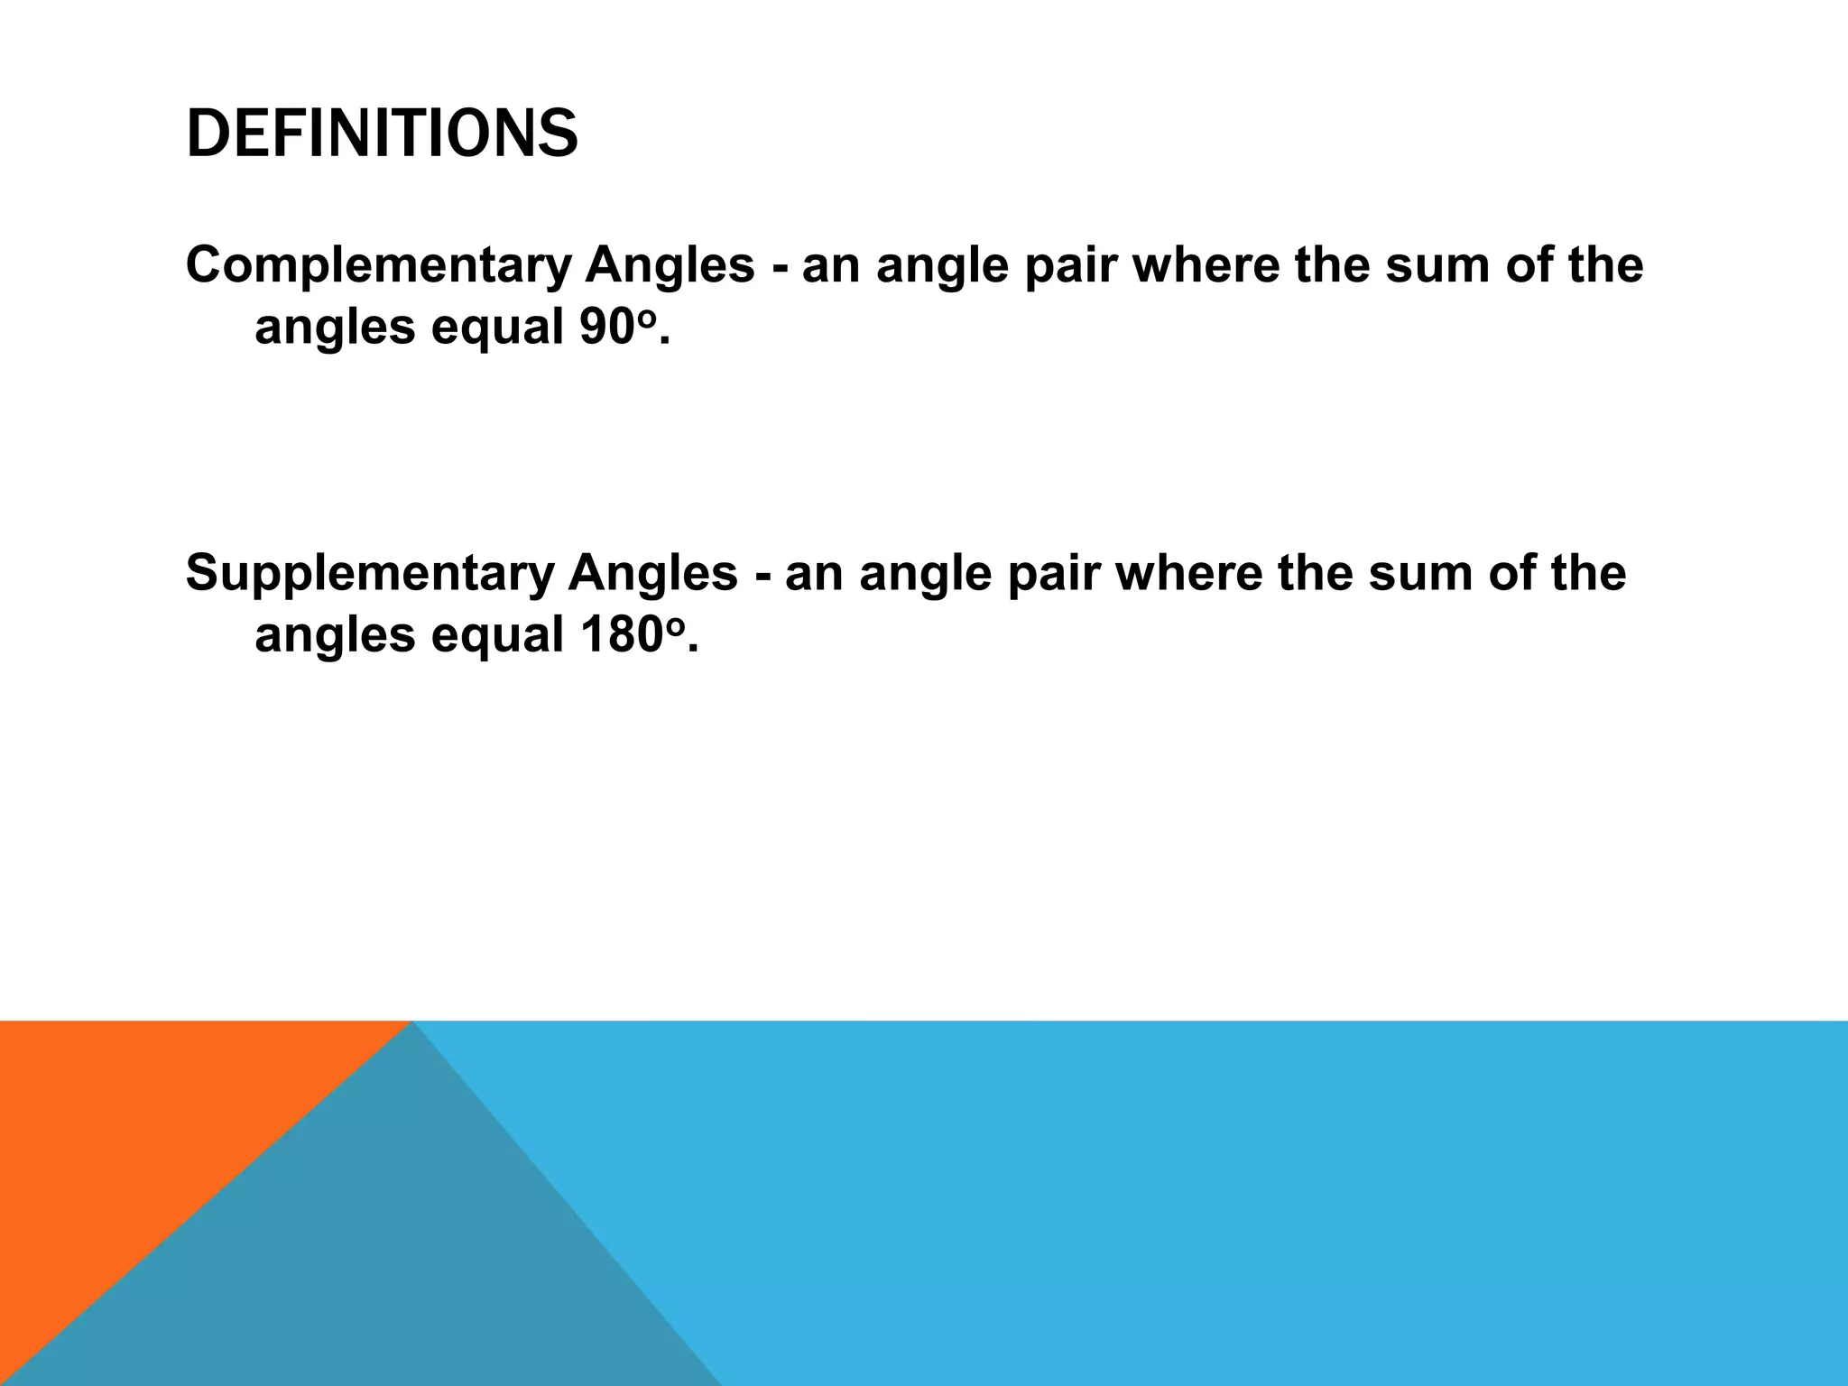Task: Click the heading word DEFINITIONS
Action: (x=382, y=134)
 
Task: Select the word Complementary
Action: (x=378, y=265)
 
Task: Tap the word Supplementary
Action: (x=369, y=573)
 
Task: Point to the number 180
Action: (x=621, y=634)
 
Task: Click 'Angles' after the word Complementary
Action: (x=670, y=265)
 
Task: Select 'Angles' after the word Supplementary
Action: (x=652, y=573)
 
